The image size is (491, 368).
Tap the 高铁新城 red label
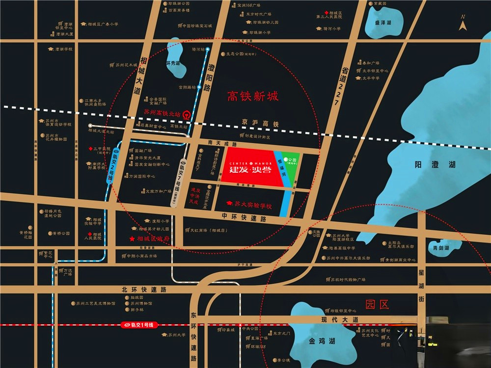click(252, 96)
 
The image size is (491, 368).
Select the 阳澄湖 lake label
click(429, 166)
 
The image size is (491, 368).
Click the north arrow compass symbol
click(462, 24)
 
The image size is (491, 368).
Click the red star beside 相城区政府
click(132, 239)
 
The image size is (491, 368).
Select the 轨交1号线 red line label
click(139, 325)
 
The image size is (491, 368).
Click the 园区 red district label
click(378, 305)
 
